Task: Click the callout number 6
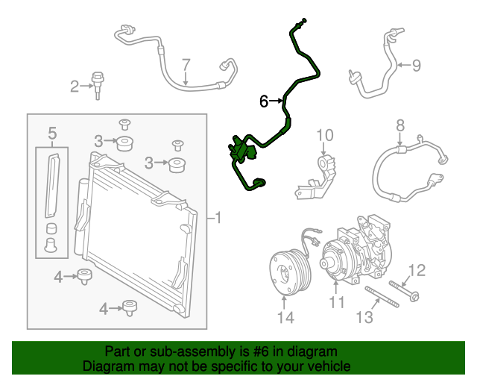tap(263, 101)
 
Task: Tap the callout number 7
tap(186, 65)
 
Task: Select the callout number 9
tap(416, 65)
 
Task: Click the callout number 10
tap(324, 135)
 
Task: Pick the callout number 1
tap(218, 219)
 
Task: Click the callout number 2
tap(75, 87)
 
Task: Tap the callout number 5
tap(52, 134)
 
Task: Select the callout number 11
tap(337, 302)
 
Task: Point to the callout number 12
tap(418, 270)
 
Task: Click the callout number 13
tap(364, 319)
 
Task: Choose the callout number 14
tap(286, 318)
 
